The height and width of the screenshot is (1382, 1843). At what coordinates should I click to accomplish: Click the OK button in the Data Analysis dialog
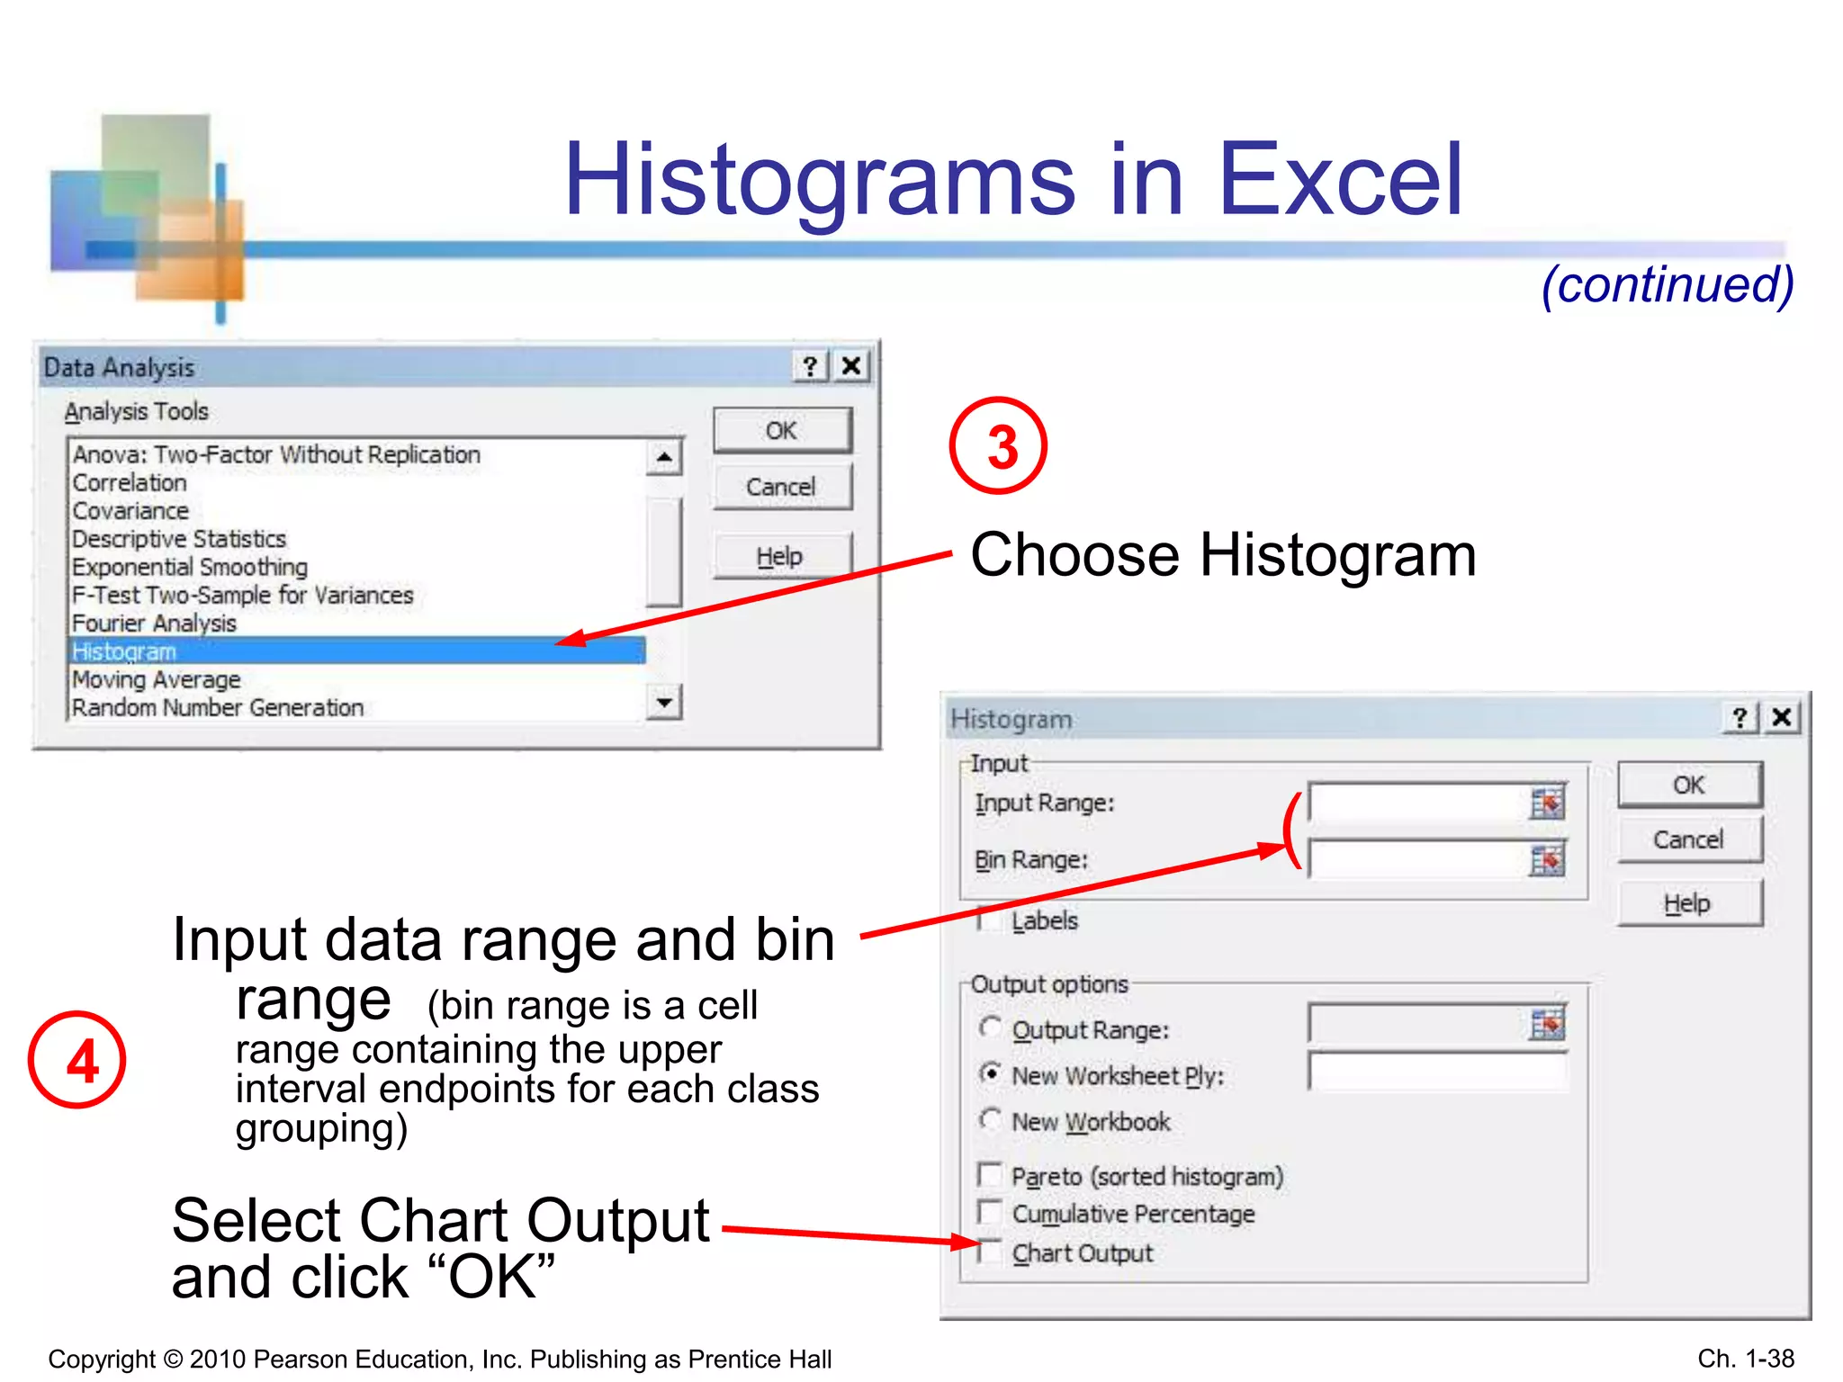point(781,431)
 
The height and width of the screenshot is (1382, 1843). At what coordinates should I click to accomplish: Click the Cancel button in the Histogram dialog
point(1688,839)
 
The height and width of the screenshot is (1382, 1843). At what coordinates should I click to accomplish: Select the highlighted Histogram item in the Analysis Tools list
point(357,651)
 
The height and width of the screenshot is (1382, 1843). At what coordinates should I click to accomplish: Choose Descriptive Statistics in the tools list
point(179,539)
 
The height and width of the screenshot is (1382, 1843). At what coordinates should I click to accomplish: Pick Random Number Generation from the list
point(218,708)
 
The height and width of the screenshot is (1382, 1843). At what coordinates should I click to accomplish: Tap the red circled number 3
point(999,446)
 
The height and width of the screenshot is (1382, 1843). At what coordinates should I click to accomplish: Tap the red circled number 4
point(77,1060)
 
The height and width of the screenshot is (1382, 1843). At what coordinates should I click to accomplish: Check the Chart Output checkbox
point(990,1252)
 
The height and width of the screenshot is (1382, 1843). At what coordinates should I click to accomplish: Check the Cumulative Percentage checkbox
point(990,1212)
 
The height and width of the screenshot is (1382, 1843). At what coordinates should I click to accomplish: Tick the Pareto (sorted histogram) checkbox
point(990,1174)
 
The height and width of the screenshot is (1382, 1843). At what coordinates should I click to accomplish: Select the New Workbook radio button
point(991,1119)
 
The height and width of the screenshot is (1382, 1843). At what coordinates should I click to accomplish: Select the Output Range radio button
point(991,1028)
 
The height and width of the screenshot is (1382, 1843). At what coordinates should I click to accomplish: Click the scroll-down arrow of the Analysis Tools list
point(664,702)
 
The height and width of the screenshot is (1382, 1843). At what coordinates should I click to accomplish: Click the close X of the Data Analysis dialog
point(851,366)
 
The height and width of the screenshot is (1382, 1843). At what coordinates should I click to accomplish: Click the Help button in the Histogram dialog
point(1688,903)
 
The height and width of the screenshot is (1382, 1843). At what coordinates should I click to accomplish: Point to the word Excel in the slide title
point(1340,180)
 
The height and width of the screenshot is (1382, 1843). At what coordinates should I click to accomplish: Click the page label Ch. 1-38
point(1745,1358)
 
